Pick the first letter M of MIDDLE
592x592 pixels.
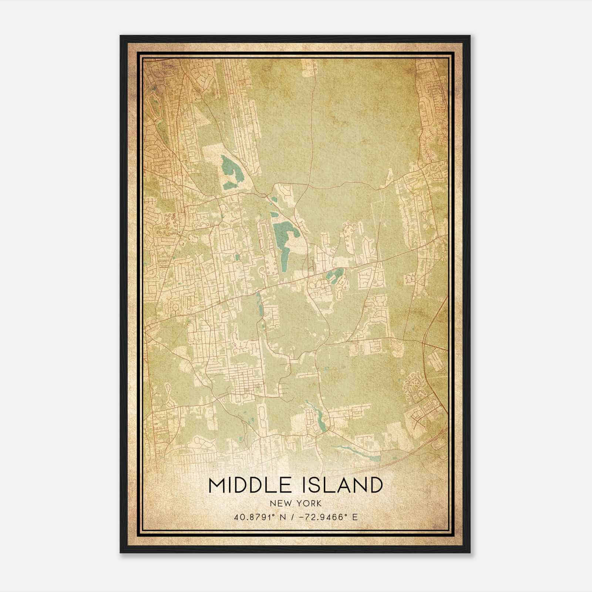click(x=217, y=485)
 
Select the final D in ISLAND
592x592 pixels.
click(x=375, y=485)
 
